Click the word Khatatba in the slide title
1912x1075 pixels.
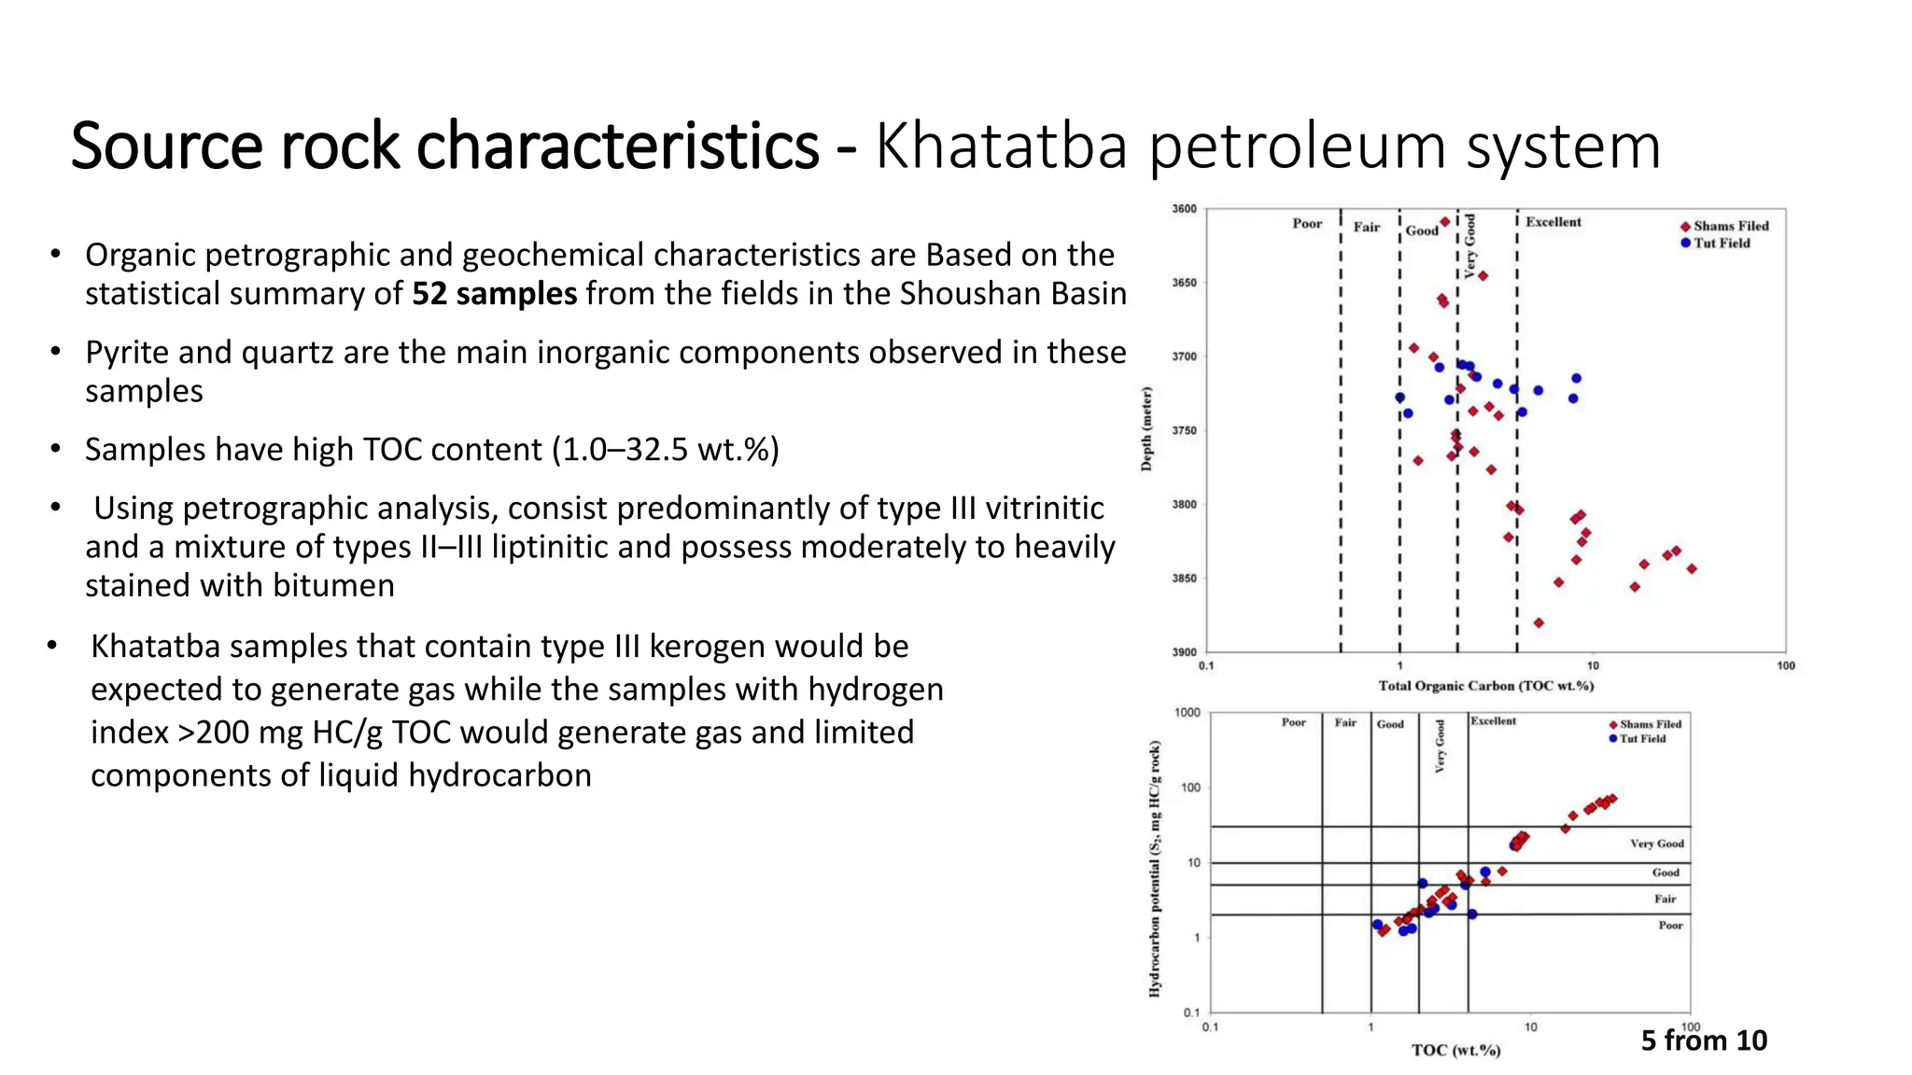[1001, 147]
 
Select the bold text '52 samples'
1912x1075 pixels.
[494, 294]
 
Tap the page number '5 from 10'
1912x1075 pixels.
[1704, 1040]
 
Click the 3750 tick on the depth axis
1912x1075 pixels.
[1183, 430]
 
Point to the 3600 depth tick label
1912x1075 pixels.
[1183, 209]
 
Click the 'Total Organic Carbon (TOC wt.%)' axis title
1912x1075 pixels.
[1485, 686]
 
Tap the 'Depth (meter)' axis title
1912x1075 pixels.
[1146, 428]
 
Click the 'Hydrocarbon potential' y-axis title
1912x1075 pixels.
[1155, 868]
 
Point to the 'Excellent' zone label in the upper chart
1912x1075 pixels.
[1553, 222]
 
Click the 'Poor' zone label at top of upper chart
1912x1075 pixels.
[1306, 223]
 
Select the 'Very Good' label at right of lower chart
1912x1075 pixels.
[1656, 844]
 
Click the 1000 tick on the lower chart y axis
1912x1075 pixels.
[1187, 713]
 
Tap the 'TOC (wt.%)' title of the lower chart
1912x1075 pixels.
[1455, 1051]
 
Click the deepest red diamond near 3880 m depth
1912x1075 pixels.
[1539, 622]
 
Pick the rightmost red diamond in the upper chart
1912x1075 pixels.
[1691, 568]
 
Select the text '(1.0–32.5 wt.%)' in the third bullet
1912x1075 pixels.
[665, 450]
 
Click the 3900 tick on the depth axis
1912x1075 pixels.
[1183, 652]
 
